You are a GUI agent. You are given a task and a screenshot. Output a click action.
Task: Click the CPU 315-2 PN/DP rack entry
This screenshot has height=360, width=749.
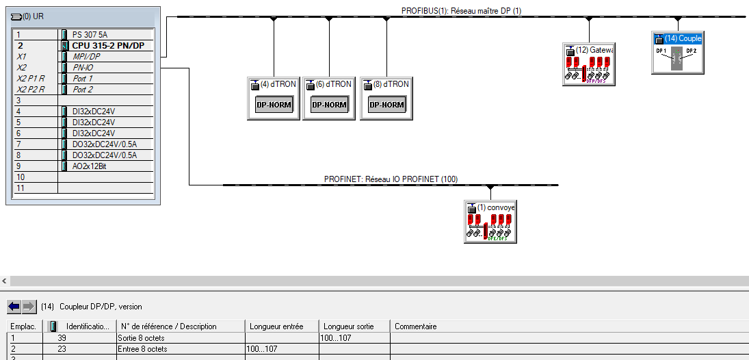108,46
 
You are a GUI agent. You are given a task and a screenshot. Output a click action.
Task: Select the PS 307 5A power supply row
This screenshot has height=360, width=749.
90,35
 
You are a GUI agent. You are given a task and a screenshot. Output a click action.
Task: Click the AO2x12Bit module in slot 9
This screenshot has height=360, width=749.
89,166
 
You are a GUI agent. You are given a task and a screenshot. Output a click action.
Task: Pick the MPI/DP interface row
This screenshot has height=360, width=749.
87,57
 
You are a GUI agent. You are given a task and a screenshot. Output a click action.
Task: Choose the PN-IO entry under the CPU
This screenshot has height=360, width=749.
83,68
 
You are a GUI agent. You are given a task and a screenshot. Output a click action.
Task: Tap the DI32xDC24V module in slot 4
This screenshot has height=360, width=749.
94,112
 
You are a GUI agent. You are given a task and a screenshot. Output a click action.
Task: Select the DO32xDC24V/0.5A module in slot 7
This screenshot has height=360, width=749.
104,144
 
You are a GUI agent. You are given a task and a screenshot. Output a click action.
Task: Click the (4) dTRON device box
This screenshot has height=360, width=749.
274,99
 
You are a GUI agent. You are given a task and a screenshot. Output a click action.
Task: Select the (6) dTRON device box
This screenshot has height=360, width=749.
329,99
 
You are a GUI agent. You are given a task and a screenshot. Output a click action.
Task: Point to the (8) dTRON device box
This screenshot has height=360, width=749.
386,99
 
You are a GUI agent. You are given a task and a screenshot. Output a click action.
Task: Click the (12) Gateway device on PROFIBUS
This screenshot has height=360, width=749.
589,65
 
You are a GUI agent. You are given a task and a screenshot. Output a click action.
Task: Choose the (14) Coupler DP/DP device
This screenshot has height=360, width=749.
677,53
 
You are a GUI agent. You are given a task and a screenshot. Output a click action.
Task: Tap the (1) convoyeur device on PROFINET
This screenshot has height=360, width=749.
490,222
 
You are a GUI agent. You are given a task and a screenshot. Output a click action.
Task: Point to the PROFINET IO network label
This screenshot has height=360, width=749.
391,179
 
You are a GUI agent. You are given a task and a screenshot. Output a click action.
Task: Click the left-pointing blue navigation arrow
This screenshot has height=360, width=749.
14,306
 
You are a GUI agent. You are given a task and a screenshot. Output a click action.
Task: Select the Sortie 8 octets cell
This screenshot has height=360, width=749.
141,338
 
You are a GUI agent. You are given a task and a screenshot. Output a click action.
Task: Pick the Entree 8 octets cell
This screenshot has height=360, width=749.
142,349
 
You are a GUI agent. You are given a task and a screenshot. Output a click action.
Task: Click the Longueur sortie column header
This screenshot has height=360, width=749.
349,326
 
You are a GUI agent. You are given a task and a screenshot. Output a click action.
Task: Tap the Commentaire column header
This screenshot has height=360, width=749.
416,326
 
